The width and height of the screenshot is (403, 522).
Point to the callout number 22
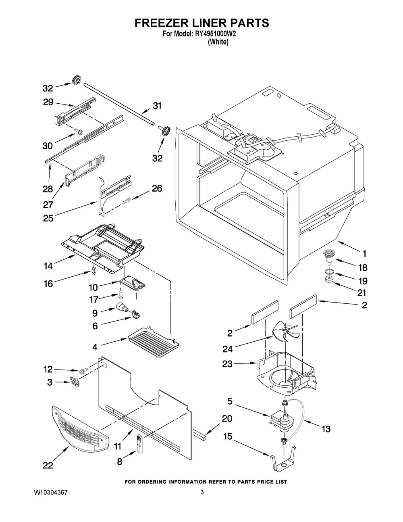(48, 466)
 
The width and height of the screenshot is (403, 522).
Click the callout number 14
(48, 266)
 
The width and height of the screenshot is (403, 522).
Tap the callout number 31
(157, 106)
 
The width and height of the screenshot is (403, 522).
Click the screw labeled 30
(79, 131)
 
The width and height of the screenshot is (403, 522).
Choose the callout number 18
(362, 267)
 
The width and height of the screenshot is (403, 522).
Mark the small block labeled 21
(329, 280)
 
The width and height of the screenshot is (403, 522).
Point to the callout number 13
(326, 429)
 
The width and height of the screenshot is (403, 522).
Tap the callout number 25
(48, 218)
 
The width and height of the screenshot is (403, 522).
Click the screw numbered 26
(126, 200)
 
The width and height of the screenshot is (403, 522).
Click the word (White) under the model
(218, 42)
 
